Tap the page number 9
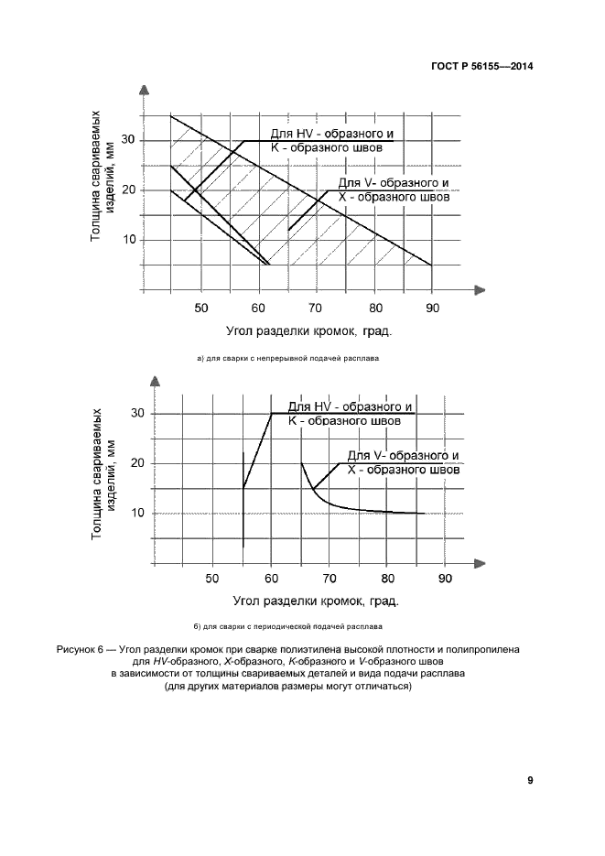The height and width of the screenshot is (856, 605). click(530, 780)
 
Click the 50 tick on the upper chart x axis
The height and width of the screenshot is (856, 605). click(201, 308)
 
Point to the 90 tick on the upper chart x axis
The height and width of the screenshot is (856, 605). click(433, 308)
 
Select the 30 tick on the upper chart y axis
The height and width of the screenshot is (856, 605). click(129, 140)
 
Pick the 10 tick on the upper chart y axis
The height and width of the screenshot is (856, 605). click(129, 240)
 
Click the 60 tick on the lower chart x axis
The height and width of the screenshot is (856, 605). click(271, 578)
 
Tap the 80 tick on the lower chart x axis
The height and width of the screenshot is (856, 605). click(387, 578)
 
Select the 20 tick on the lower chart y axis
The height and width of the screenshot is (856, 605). click(138, 463)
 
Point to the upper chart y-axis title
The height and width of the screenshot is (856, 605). click(102, 179)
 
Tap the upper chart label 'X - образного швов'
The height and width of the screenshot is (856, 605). click(397, 196)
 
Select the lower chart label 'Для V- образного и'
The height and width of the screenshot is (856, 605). click(403, 455)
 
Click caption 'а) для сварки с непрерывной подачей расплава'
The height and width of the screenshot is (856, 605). click(288, 359)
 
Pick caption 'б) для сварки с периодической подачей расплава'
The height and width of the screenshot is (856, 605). click(287, 627)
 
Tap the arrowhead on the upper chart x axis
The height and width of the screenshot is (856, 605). click(478, 289)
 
